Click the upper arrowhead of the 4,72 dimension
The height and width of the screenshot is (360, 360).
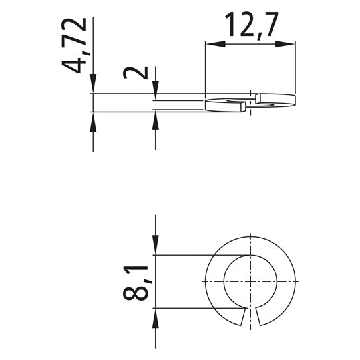93,87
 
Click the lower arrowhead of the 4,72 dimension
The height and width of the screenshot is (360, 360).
93,120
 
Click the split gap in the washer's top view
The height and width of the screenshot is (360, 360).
250,318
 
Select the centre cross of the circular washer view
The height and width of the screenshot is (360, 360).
250,281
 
